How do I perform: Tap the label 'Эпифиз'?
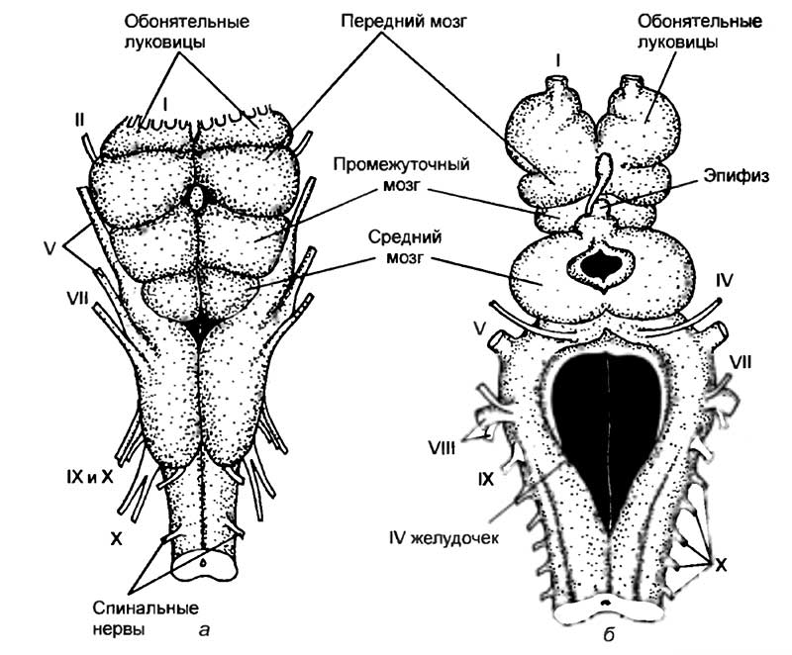point(736,176)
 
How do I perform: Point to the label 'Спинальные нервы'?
point(146,617)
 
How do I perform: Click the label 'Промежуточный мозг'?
point(402,174)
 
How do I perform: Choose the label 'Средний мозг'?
point(405,246)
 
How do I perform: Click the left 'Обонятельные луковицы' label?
point(187,32)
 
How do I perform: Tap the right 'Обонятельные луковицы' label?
point(700,32)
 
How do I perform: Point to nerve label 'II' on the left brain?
point(79,120)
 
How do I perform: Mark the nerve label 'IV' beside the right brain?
point(725,281)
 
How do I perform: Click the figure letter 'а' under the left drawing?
point(204,628)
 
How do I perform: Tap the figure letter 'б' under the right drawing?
point(609,634)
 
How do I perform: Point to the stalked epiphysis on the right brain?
point(599,182)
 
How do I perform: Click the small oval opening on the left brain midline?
point(196,196)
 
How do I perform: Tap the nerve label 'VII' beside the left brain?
point(77,299)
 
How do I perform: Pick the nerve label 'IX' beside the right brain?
point(485,479)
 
